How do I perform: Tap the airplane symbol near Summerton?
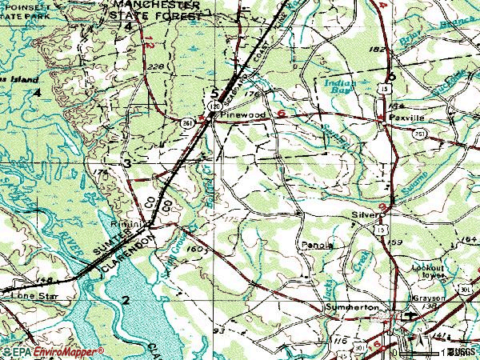pyautogui.click(x=410, y=315)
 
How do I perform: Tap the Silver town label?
pyautogui.click(x=362, y=215)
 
